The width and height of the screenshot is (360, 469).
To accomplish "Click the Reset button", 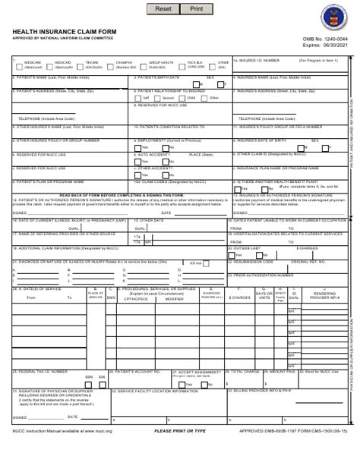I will (163, 9).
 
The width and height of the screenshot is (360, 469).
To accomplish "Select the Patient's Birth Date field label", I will (157, 77).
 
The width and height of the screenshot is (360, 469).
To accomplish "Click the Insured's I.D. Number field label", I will (257, 59).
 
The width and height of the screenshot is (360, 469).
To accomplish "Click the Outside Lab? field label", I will (248, 247).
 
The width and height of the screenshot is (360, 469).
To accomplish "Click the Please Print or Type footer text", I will (180, 452).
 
